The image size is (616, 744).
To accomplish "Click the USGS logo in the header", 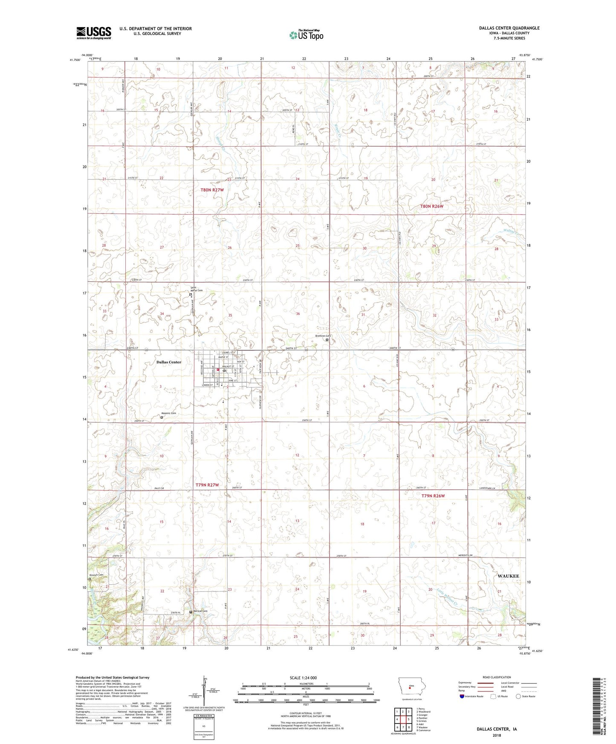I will pyautogui.click(x=94, y=32).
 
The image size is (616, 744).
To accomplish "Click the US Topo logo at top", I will pyautogui.click(x=306, y=35).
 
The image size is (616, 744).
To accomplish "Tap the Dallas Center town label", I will pyautogui.click(x=168, y=362).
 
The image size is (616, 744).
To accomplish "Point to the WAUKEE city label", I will pyautogui.click(x=508, y=576).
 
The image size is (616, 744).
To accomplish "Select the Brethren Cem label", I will pyautogui.click(x=323, y=336).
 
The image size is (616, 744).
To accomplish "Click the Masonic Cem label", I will pyautogui.click(x=168, y=413).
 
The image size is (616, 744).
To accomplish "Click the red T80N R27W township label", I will pyautogui.click(x=212, y=190).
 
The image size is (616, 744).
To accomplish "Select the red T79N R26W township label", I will pyautogui.click(x=433, y=496).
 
